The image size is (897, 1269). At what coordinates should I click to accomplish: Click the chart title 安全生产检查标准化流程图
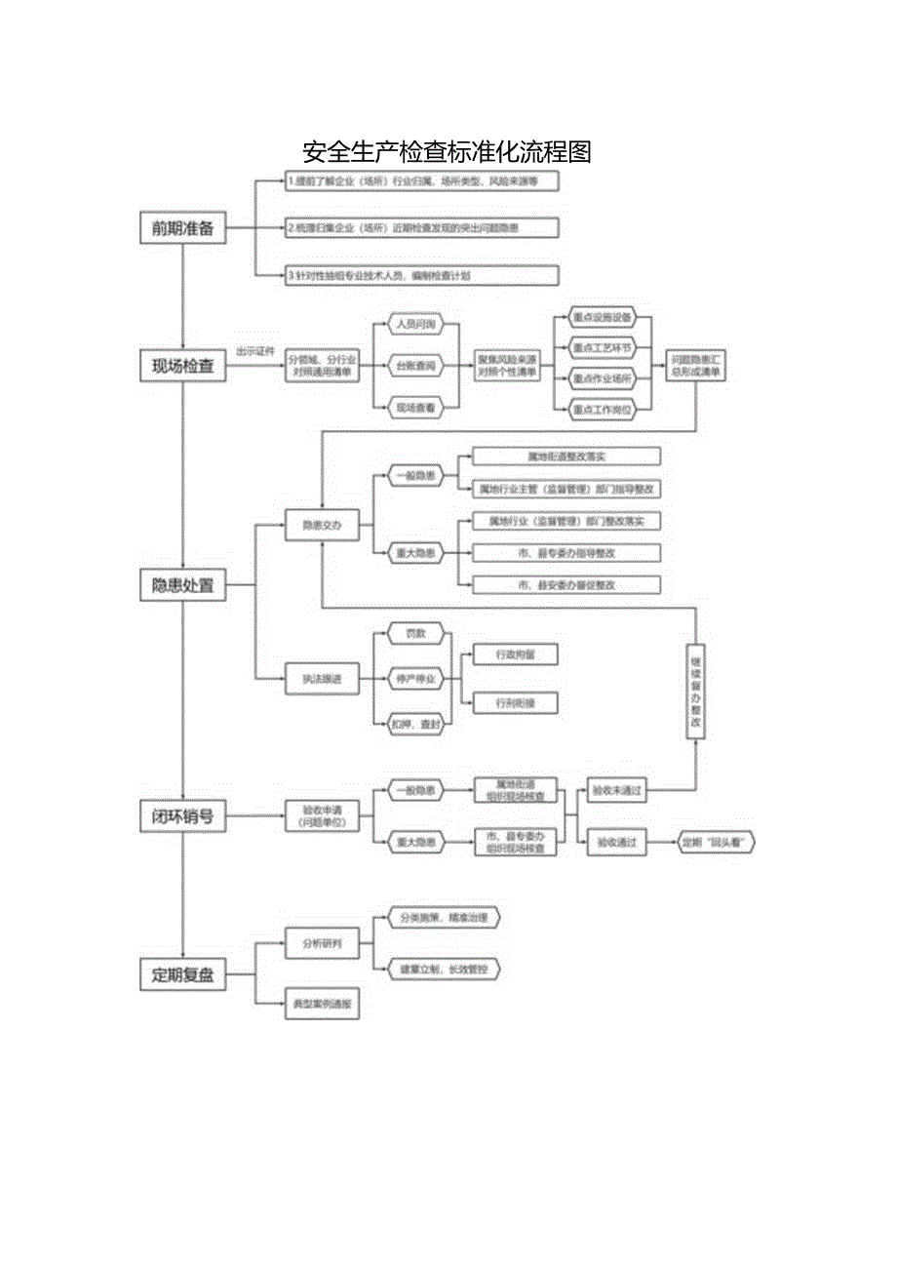coord(448,152)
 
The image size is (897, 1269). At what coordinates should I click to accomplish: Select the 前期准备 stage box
coord(182,228)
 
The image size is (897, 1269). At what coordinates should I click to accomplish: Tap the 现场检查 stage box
coord(182,367)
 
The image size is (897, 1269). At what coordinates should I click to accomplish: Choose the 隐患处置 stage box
coord(182,586)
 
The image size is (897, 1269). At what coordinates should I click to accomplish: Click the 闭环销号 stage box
coord(182,816)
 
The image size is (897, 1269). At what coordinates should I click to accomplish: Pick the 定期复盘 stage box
coord(182,974)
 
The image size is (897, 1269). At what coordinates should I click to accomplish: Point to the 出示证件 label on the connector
coord(255,351)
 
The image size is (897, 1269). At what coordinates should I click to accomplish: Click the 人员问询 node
coord(415,323)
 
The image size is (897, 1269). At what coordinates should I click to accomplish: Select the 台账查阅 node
coord(415,366)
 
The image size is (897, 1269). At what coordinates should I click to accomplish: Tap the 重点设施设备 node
coord(602,318)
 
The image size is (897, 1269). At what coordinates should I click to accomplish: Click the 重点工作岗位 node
coord(602,411)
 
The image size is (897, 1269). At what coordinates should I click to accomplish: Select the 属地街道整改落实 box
coord(565,456)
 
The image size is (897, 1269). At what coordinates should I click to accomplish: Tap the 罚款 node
coord(415,634)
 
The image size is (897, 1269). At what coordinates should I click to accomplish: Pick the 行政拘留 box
coord(515,655)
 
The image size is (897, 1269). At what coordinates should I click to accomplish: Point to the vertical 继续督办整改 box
coord(695,691)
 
